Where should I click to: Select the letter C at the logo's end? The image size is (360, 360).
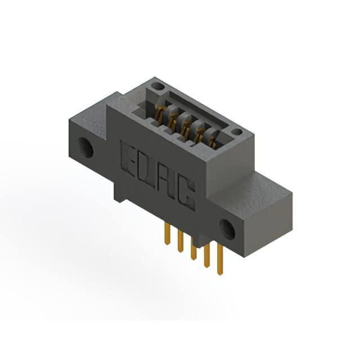coord(186,195)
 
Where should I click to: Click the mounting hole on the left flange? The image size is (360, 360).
coord(85,147)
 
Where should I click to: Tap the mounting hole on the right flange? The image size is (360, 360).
coord(227,229)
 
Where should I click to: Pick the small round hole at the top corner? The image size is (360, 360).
coord(157,87)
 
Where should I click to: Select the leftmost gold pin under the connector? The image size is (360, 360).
coord(168,234)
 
